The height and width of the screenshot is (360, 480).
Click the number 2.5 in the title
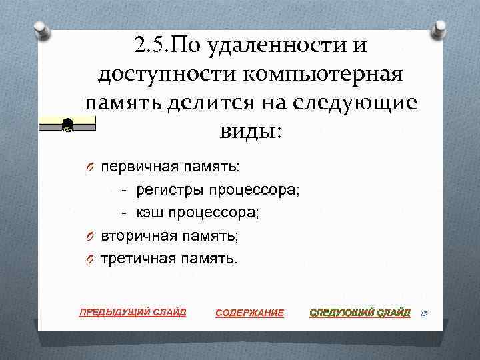(x=151, y=45)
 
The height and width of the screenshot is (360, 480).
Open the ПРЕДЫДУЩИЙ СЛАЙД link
(x=133, y=311)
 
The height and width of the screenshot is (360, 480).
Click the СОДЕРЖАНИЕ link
(x=250, y=313)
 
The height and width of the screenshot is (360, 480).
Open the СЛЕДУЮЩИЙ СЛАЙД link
(x=361, y=312)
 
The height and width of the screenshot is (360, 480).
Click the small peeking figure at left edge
(x=67, y=124)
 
